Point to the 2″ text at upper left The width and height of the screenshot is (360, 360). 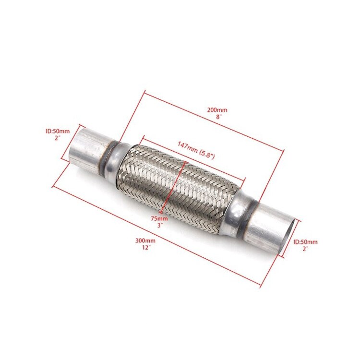click(57, 137)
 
